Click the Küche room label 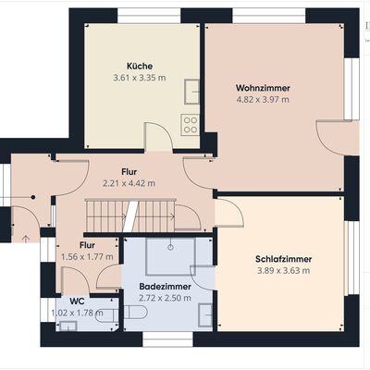[140, 67]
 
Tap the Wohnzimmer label [263, 88]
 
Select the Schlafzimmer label [283, 259]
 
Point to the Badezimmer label [165, 287]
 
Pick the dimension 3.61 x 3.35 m [140, 78]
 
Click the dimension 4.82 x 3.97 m [263, 100]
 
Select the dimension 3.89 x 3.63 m [283, 271]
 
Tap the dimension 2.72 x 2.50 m [165, 298]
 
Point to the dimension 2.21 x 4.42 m [129, 183]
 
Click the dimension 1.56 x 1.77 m [87, 257]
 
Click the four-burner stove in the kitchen [190, 125]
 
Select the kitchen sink [191, 92]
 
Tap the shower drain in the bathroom [170, 247]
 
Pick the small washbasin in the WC [68, 326]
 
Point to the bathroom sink [205, 315]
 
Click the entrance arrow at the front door [26, 239]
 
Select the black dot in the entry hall [33, 197]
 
